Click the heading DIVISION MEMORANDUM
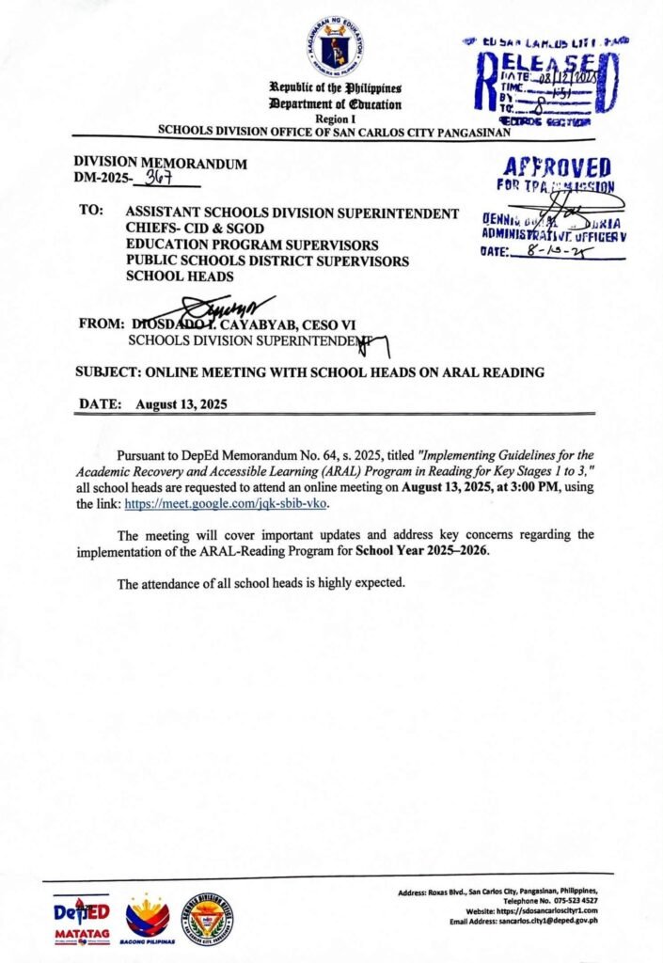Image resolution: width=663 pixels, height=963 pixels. [x=161, y=164]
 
